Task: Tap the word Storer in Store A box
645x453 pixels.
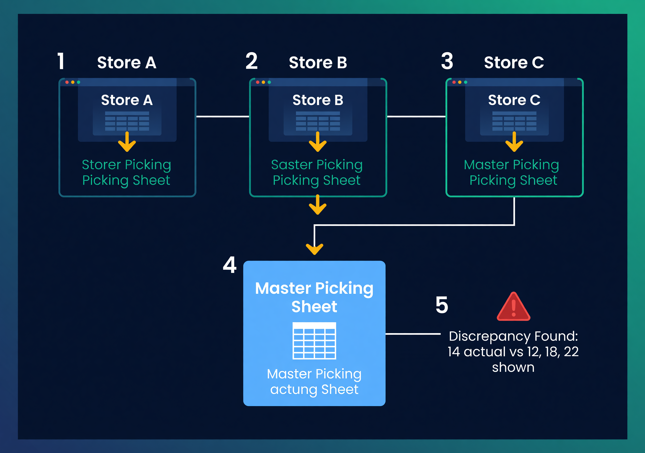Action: pyautogui.click(x=101, y=165)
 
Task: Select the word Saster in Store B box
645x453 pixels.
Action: pyautogui.click(x=292, y=165)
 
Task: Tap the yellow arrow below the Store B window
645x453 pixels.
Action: pyautogui.click(x=317, y=205)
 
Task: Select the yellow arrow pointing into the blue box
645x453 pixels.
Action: pyautogui.click(x=314, y=248)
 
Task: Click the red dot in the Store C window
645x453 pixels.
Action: pyautogui.click(x=454, y=82)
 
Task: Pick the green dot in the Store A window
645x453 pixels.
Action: pyautogui.click(x=79, y=82)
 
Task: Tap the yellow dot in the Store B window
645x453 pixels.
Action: pyautogui.click(x=263, y=82)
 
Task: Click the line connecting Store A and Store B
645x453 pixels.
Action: pyautogui.click(x=222, y=116)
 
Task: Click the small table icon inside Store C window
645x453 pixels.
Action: pyautogui.click(x=514, y=121)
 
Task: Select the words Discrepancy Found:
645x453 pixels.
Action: pyautogui.click(x=513, y=336)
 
